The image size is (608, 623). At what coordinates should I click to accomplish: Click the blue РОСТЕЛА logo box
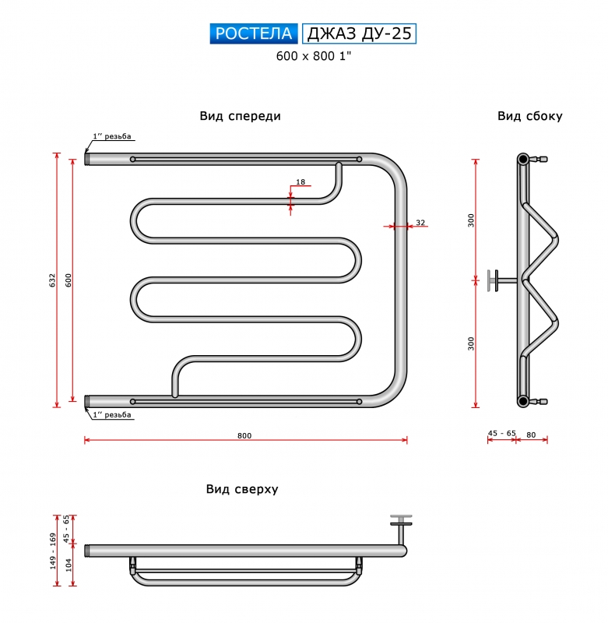tap(254, 33)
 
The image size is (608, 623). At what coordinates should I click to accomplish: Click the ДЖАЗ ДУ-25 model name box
tap(359, 33)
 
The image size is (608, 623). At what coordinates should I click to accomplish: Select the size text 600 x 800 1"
tap(314, 56)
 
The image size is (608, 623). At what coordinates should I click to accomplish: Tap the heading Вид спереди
tap(241, 116)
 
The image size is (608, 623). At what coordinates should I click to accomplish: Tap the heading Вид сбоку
tap(530, 116)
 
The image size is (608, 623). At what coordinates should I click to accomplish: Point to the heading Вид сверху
tap(242, 489)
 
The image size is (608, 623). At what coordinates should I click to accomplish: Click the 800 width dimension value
tap(244, 435)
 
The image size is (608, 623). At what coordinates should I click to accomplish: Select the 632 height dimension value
tap(52, 280)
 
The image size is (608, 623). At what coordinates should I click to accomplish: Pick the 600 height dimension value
tap(69, 280)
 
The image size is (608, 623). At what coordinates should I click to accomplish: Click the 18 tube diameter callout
tap(300, 181)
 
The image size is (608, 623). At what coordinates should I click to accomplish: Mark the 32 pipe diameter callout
tap(420, 223)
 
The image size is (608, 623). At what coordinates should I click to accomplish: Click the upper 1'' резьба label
tap(112, 136)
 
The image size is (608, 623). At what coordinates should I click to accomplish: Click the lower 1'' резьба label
tap(112, 415)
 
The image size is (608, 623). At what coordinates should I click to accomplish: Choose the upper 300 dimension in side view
tap(471, 220)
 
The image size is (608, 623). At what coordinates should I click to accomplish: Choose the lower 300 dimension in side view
tap(471, 343)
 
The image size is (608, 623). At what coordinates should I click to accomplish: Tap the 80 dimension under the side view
tap(531, 435)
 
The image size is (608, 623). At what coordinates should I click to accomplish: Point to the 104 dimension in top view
tap(69, 565)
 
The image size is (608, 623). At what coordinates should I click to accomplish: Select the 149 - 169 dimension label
tap(52, 551)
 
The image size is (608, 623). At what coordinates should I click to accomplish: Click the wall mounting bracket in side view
tap(502, 280)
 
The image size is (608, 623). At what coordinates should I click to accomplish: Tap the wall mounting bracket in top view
tap(401, 529)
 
